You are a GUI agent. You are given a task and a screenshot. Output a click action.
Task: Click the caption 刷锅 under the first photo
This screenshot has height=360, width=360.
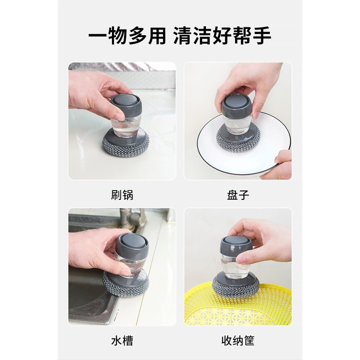[122, 195]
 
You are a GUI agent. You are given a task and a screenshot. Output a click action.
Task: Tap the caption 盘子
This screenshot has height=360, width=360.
[238, 195]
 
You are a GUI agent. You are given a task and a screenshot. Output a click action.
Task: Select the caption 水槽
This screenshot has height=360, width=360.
[122, 340]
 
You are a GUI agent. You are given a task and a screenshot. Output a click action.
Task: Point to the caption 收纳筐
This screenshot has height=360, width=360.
[238, 340]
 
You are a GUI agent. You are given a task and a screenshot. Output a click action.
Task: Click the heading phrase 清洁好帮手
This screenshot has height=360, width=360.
[222, 36]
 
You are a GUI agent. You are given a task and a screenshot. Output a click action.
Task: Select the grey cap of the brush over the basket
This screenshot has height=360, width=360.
[236, 243]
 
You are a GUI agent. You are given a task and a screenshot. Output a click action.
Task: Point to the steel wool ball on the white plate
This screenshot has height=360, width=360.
[238, 142]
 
